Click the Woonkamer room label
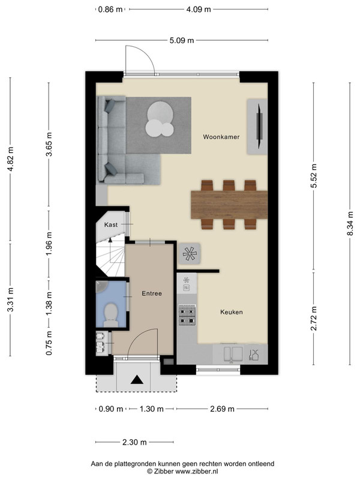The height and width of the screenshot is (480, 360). (221, 137)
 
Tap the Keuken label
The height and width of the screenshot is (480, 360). (232, 312)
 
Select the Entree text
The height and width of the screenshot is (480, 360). (152, 293)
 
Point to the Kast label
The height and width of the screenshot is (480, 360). (111, 224)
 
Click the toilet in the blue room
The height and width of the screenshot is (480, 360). (111, 314)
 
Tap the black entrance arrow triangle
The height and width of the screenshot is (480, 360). (137, 380)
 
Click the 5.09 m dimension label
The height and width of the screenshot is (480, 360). (182, 40)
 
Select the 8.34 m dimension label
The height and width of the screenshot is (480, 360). (350, 223)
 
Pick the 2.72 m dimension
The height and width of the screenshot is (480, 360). (313, 319)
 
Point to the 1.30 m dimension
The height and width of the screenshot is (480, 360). (152, 409)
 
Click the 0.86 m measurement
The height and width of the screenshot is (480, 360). (110, 10)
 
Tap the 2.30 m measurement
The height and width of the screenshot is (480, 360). (134, 442)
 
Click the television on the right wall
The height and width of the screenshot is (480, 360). (260, 126)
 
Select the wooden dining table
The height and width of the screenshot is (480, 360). (229, 205)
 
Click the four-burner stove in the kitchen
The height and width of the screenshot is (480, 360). (187, 314)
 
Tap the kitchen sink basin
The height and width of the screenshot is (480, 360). (233, 353)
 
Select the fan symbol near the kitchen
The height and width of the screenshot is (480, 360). (189, 253)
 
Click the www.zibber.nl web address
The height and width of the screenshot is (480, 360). (196, 472)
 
